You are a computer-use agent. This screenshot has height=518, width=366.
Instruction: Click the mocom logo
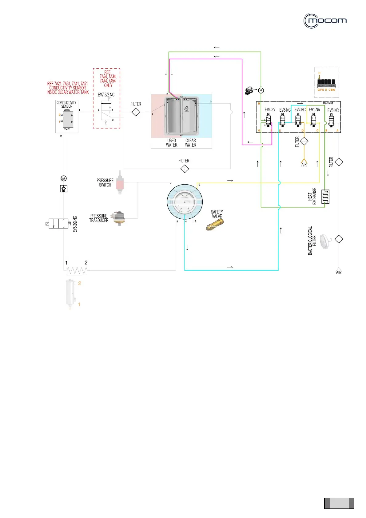(325, 21)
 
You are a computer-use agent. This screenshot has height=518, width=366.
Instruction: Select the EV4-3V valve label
(270, 110)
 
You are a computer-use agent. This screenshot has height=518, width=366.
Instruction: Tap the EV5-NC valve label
(333, 110)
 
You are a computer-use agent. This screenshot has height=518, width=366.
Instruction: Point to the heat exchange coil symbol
(325, 197)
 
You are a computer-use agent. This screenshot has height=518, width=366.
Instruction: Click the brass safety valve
(215, 225)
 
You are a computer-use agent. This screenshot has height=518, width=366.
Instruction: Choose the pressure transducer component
(118, 218)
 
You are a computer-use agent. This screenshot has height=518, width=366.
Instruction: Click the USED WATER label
(172, 143)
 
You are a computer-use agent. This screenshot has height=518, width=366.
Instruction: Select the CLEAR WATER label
(191, 143)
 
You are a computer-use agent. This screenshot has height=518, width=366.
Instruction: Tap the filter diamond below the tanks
(184, 169)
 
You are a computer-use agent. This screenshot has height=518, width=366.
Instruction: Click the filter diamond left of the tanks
(136, 112)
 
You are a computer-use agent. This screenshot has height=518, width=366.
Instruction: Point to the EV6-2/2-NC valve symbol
(58, 223)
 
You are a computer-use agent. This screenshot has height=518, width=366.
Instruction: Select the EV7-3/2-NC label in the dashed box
(106, 95)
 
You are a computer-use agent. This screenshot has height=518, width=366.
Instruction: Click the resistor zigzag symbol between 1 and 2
(77, 270)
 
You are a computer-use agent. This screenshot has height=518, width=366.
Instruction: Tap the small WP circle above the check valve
(64, 178)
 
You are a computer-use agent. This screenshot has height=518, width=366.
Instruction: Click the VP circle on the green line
(261, 90)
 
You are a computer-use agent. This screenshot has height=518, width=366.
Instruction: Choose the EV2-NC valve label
(300, 110)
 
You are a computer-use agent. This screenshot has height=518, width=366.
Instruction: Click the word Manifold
(328, 103)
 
